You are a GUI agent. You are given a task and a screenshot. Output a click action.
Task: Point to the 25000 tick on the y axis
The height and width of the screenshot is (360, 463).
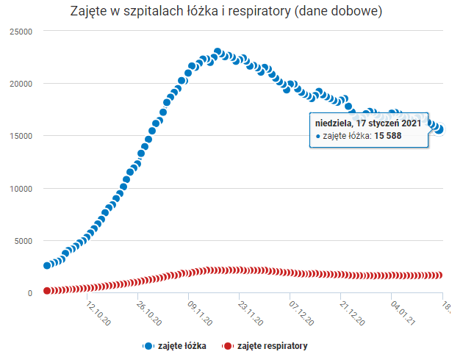(x=21, y=32)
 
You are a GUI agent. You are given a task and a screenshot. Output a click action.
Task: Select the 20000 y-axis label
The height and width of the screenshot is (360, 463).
(x=21, y=84)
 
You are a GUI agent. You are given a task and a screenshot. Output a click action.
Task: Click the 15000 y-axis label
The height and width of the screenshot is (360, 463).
(x=21, y=136)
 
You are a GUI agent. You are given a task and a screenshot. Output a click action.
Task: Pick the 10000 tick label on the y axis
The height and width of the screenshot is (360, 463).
(x=21, y=189)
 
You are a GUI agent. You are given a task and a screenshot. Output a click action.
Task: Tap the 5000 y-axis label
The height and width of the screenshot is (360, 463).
(x=23, y=241)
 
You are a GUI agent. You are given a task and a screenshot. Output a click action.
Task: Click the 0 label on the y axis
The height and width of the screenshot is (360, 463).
(x=30, y=293)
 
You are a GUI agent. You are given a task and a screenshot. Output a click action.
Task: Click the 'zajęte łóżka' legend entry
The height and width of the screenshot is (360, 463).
(x=181, y=345)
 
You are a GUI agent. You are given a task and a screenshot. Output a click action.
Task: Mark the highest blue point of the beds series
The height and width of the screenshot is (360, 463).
(x=218, y=52)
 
